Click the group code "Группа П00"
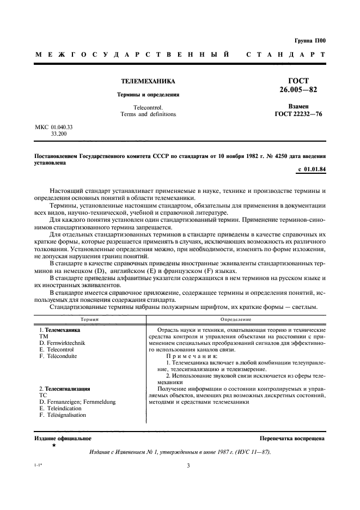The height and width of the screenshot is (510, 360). click(309, 41)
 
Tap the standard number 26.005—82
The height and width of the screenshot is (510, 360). click(298, 89)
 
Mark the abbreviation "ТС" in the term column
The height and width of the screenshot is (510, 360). click(44, 396)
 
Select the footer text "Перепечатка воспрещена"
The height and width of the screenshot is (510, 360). click(292, 438)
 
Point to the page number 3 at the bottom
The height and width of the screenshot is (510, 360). click(188, 466)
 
